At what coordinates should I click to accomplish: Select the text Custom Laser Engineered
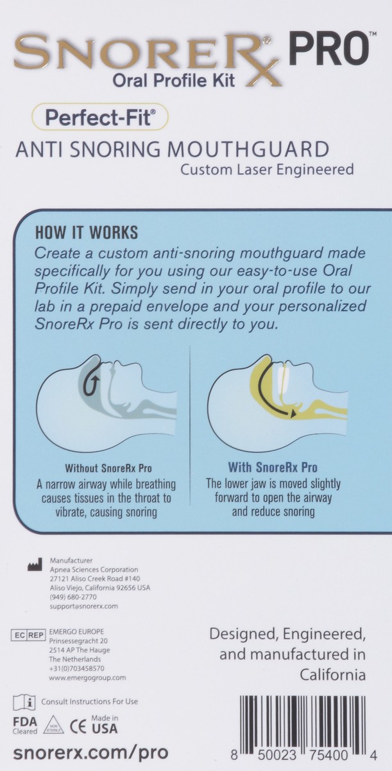pos(267,170)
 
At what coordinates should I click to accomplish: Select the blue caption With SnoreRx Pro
pos(273,468)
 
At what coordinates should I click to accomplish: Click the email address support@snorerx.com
pos(83,606)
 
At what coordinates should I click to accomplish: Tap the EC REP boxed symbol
pos(29,635)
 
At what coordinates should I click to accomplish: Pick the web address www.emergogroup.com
pos(87,677)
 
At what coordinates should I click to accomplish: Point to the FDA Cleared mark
pos(24,724)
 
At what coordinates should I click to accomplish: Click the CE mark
pos(79,725)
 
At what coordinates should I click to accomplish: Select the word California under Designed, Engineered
pos(332,675)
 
